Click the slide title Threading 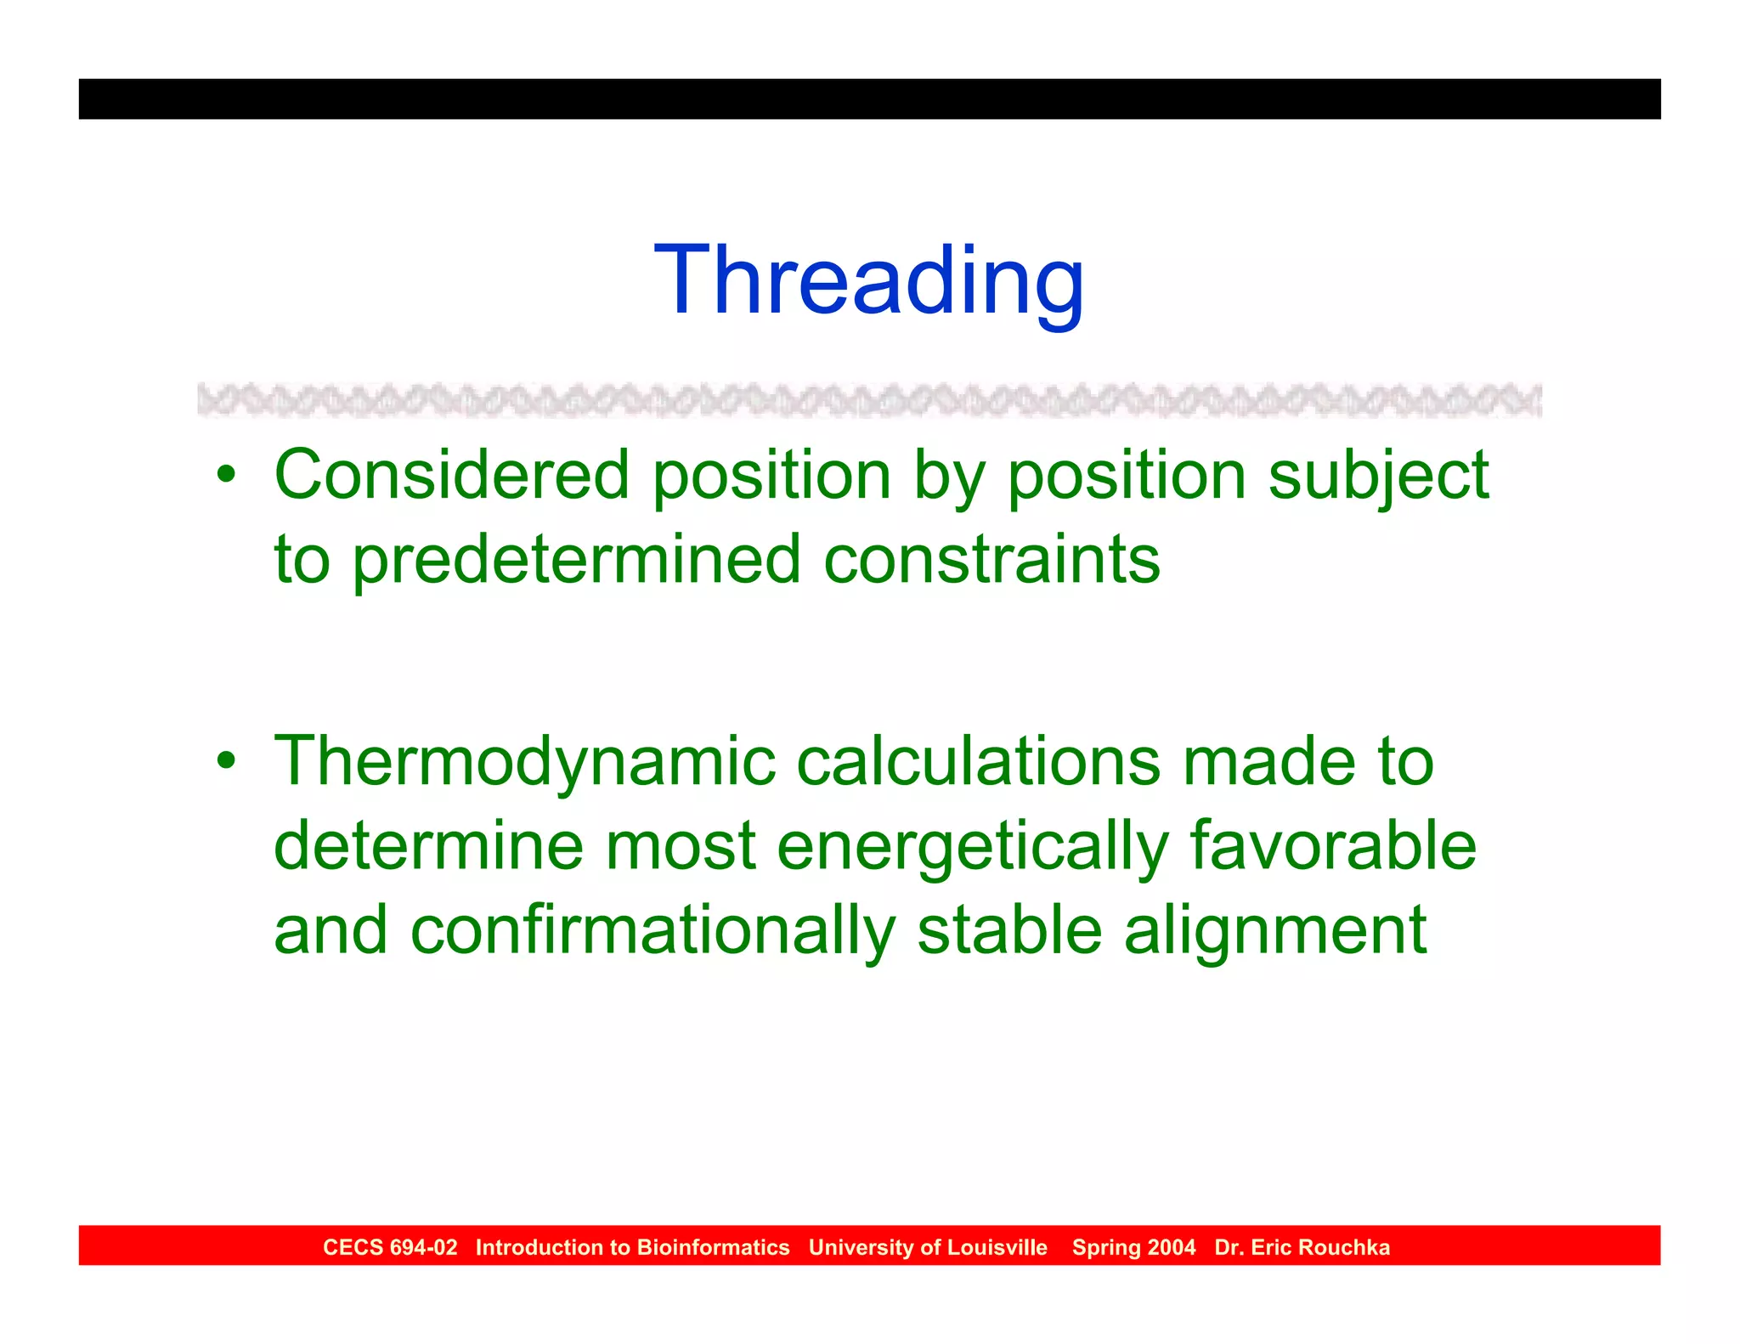coord(868,281)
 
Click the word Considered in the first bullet coord(451,475)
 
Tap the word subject coord(1377,477)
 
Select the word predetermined coord(576,561)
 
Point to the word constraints coord(991,560)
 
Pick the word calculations coord(978,761)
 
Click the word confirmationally coord(652,931)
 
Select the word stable coord(1009,930)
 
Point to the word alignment coord(1274,932)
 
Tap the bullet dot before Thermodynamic coord(225,760)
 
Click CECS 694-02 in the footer coord(390,1247)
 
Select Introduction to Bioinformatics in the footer coord(632,1247)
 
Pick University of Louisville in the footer coord(928,1247)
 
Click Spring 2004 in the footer coord(1133,1247)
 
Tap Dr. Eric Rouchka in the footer coord(1302,1247)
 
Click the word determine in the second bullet coord(428,846)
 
